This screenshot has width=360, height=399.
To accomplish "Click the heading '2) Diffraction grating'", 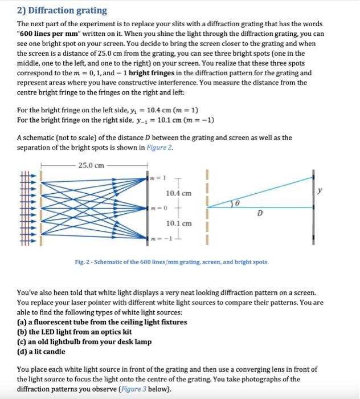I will pos(55,10).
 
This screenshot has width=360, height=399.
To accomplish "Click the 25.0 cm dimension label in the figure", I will pos(91,165).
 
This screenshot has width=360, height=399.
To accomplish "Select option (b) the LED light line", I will pos(75,332).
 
